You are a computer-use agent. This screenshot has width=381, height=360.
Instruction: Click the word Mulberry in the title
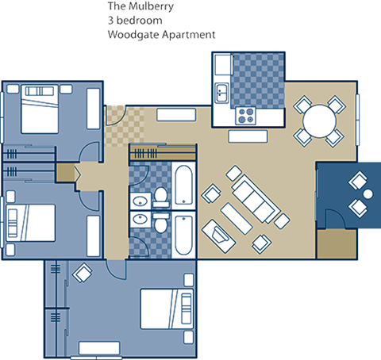point(151,7)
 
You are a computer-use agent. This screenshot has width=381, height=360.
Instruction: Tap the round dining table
point(320,121)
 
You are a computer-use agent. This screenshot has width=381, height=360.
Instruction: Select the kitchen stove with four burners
point(246,116)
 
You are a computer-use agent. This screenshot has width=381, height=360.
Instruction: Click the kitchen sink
point(221,93)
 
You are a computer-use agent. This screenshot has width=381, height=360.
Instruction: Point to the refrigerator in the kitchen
point(223,65)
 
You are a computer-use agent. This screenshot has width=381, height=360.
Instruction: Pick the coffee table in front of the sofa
point(237,219)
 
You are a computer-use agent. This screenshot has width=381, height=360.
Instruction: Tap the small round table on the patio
point(368,194)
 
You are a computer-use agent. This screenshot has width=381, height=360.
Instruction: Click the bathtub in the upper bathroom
point(183,185)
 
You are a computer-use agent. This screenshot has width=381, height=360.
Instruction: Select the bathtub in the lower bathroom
point(183,236)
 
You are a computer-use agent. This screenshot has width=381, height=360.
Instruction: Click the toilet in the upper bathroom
point(161,197)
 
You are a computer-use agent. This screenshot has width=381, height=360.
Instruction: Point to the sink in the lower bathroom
point(140,219)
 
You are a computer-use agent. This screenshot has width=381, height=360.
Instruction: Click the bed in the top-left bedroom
point(40,109)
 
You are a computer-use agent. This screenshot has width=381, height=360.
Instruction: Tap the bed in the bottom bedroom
point(167,309)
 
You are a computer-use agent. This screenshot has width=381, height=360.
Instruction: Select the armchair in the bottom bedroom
point(83,273)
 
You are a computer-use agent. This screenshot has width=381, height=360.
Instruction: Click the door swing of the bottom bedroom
point(116,269)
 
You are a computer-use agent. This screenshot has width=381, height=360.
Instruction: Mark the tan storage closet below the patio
point(337,244)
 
